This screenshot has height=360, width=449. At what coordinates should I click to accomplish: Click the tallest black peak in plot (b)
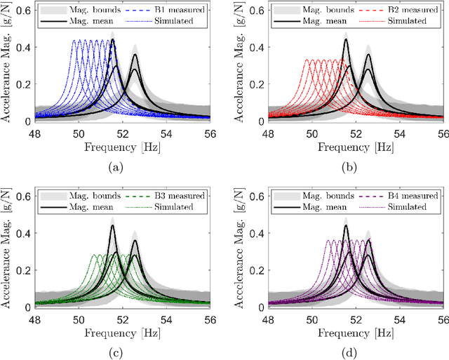(x=346, y=40)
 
